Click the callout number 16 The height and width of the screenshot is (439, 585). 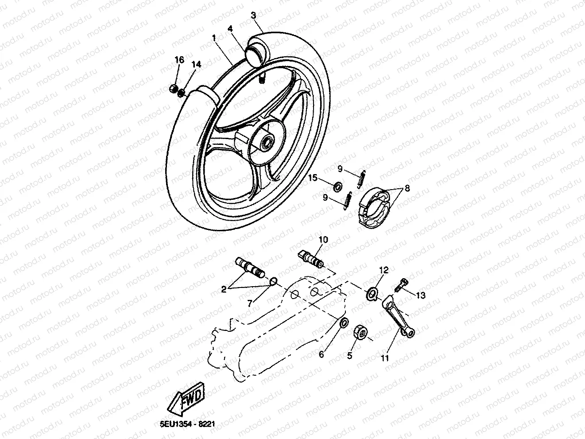[178, 60]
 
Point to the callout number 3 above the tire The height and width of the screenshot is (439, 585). [253, 16]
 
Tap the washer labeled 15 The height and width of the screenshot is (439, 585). [337, 186]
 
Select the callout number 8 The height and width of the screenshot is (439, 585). [407, 188]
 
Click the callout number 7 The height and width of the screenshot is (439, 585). [249, 303]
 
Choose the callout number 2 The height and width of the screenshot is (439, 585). [224, 289]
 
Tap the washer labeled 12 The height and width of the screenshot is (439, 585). [371, 293]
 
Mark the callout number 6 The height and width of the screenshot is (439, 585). [322, 354]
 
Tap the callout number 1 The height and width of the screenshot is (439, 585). [214, 38]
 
